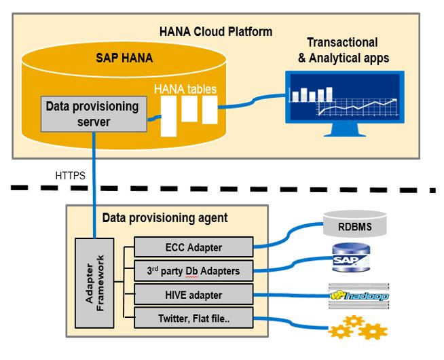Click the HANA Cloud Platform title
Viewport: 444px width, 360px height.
coord(216,31)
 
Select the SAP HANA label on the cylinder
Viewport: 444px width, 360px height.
coord(124,58)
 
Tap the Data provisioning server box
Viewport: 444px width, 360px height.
coord(92,114)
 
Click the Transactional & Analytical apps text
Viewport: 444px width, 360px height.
coord(344,50)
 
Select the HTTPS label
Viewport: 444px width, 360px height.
coord(70,175)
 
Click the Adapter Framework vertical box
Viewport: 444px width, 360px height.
coord(95,283)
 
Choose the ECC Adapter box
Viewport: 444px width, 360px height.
coord(193,247)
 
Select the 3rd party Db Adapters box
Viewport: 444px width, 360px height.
coord(193,271)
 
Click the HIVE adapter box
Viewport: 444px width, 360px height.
coord(193,295)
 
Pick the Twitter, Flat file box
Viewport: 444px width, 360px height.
coord(193,318)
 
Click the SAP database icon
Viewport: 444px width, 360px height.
coord(350,260)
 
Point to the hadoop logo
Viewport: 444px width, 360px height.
coord(358,296)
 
